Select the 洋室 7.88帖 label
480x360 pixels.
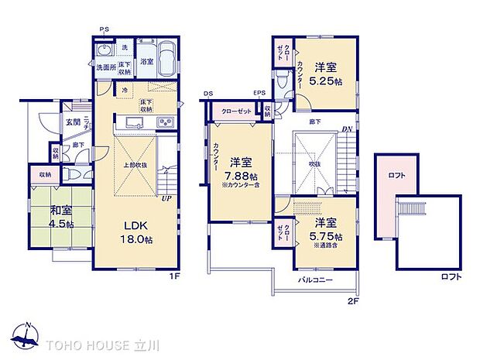click(241, 168)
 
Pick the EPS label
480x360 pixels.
click(259, 95)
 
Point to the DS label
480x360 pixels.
click(207, 95)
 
